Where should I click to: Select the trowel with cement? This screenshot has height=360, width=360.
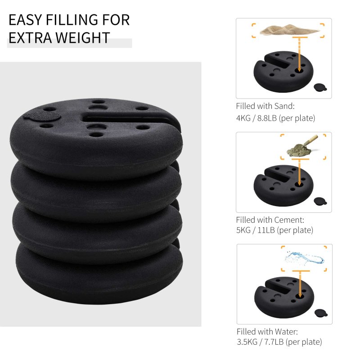[x=304, y=145]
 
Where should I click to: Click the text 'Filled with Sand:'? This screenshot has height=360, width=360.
[x=265, y=107]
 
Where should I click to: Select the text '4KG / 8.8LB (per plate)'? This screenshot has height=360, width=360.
[x=275, y=118]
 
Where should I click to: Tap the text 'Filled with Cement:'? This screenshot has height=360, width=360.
[x=270, y=220]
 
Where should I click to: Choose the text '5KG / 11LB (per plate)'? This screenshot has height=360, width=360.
[x=274, y=230]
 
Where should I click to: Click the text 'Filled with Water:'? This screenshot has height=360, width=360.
[x=267, y=332]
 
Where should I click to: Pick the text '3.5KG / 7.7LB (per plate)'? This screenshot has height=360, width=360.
[x=279, y=342]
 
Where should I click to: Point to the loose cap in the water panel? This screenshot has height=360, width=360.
[x=320, y=313]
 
